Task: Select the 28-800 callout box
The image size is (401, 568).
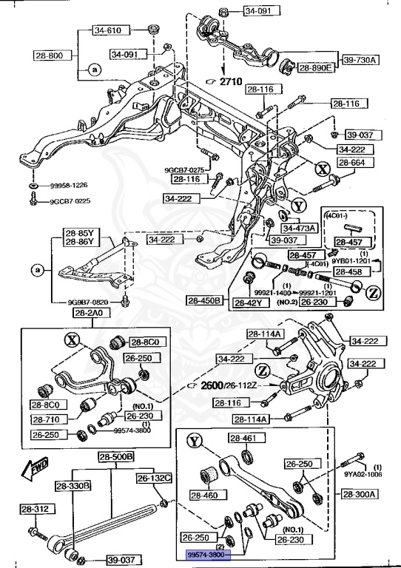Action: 51,55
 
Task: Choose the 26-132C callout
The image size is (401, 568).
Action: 153,478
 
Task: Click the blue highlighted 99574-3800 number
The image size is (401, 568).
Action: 208,553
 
